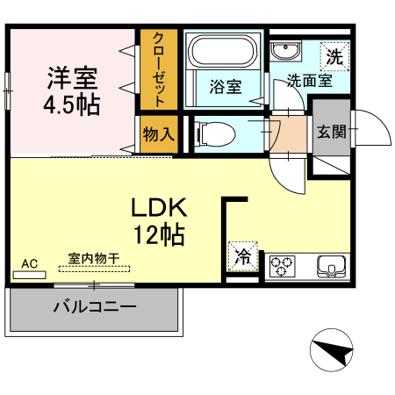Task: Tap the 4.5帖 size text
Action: coord(71,105)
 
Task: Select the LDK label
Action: coord(159,208)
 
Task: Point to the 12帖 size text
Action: coord(159,234)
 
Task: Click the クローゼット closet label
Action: coord(159,69)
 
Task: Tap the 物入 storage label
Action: coord(159,135)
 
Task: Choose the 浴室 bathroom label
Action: coord(225,87)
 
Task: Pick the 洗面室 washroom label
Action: coord(308,82)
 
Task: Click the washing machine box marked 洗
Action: coord(334,57)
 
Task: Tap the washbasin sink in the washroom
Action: coord(283,49)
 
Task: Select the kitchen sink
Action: coord(331,264)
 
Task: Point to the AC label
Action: coord(29,262)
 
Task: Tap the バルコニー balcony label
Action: coord(94,308)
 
